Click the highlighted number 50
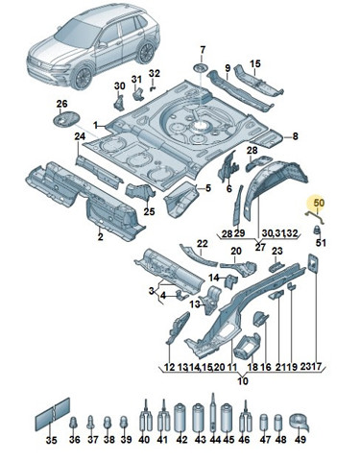tap(319, 203)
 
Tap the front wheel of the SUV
tap(82, 78)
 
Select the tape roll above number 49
tap(300, 423)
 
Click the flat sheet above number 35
tap(52, 414)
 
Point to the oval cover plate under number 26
tap(65, 119)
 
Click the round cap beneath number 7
tap(201, 67)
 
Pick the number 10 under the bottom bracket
tap(243, 381)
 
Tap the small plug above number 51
tap(317, 230)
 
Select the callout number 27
tap(260, 247)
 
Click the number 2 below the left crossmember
tap(100, 237)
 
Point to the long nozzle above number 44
tap(213, 413)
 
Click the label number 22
tap(203, 244)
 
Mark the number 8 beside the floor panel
tap(295, 136)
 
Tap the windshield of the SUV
tap(73, 33)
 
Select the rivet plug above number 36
tap(74, 423)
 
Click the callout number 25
tap(149, 211)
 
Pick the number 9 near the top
tap(228, 68)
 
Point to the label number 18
tap(252, 367)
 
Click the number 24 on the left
tap(80, 136)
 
